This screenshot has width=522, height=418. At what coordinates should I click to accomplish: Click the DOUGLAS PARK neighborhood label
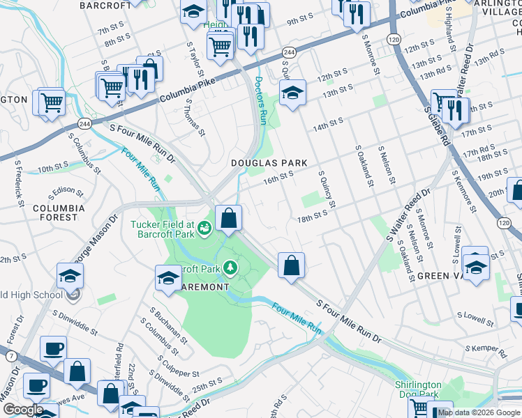[269, 162]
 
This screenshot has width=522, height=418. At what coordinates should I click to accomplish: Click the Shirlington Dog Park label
[418, 389]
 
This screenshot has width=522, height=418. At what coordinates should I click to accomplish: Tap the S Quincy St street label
[327, 189]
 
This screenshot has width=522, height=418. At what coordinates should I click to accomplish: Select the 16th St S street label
[277, 179]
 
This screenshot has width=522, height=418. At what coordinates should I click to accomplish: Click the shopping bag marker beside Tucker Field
[228, 219]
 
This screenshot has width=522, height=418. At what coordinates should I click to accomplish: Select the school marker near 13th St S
[293, 93]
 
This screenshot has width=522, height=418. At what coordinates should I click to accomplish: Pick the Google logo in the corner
[22, 409]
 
